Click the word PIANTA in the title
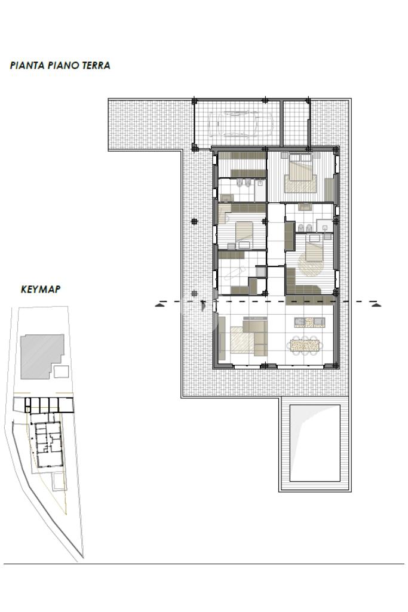click(27, 65)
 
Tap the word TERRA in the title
click(96, 65)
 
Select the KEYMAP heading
click(41, 289)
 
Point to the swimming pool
click(315, 443)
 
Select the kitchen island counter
click(309, 322)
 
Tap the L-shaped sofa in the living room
click(256, 336)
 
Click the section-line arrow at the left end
click(159, 305)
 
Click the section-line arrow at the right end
click(376, 305)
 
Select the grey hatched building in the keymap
click(42, 356)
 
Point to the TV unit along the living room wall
click(222, 338)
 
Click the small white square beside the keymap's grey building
click(62, 371)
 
